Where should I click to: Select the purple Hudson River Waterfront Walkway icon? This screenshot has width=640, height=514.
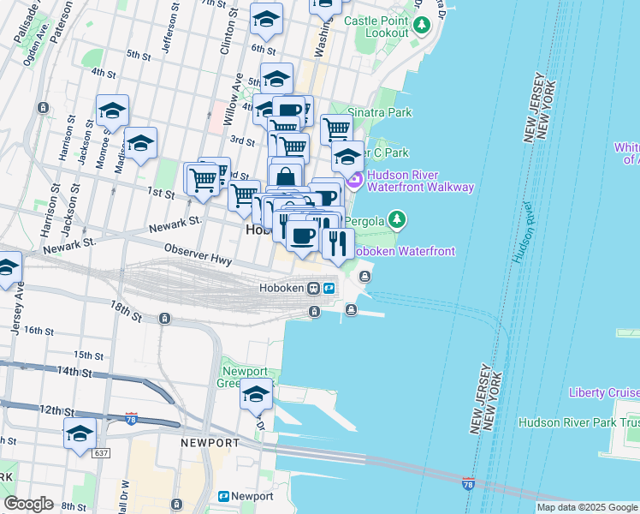[354, 180]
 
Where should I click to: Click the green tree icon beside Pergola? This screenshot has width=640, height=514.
[396, 220]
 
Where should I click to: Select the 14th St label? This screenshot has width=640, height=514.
[74, 372]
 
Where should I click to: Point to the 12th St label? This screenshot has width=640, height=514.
[56, 410]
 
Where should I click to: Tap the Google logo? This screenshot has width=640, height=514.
[28, 503]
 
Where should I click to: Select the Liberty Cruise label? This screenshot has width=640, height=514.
[604, 392]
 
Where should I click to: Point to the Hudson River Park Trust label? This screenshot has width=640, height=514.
[578, 422]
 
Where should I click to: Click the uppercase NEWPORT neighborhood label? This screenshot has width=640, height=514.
[210, 443]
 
